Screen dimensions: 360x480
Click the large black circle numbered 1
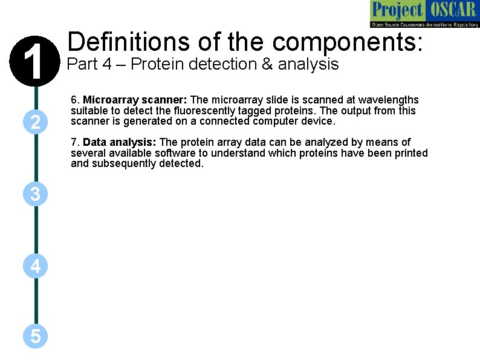[36, 61]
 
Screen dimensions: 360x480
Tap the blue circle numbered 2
[36, 122]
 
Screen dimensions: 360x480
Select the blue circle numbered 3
[36, 194]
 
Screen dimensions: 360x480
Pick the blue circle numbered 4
[36, 266]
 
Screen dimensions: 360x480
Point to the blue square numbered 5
[36, 336]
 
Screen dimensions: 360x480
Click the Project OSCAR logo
[424, 14]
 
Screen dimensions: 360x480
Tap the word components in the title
[347, 42]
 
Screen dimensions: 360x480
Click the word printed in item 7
[411, 153]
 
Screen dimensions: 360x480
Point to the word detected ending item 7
[181, 163]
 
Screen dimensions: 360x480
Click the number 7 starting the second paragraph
[74, 142]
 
